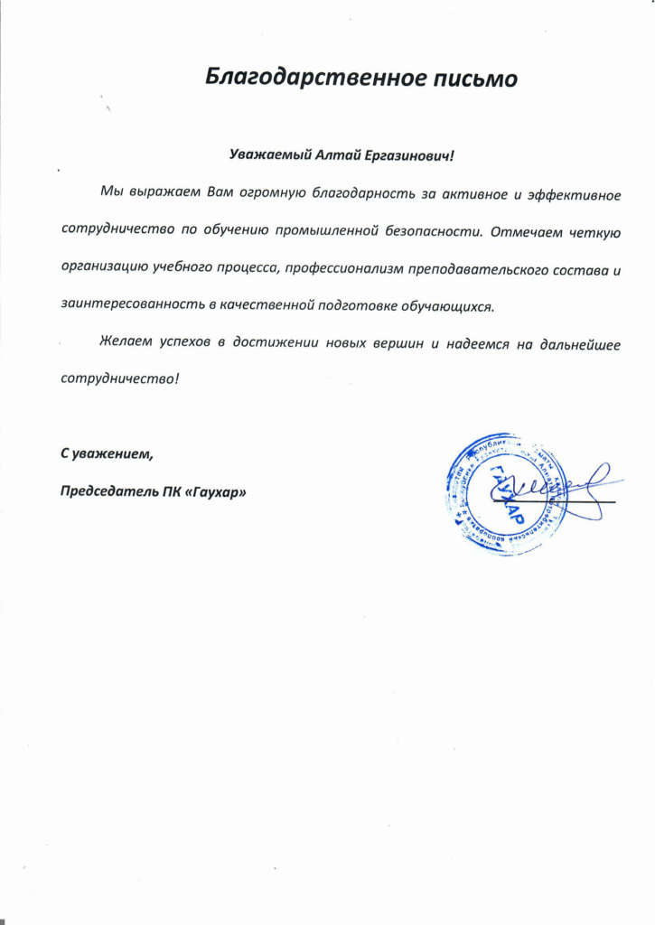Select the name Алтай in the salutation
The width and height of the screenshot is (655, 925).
(341, 156)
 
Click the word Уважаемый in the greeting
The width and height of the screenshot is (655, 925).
(270, 156)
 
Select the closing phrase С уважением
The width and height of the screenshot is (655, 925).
(107, 455)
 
